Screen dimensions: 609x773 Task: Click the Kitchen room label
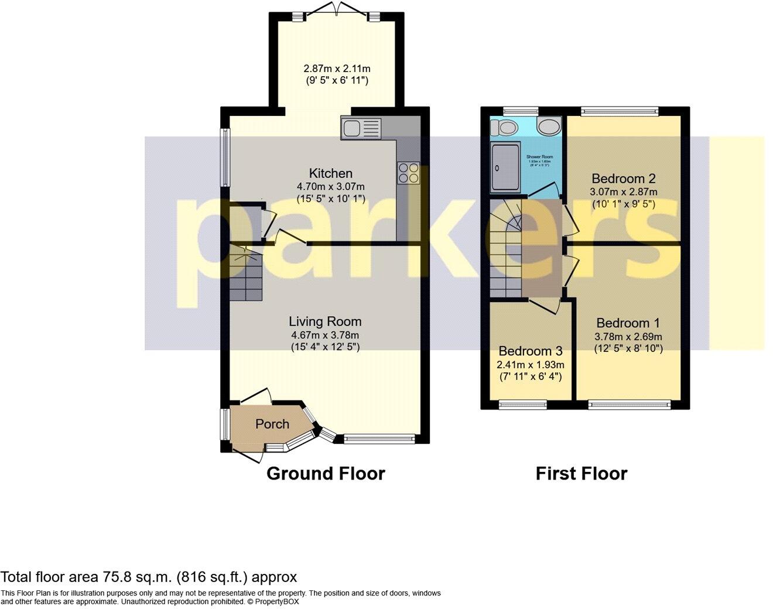click(x=331, y=173)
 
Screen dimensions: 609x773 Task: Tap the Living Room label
click(x=325, y=321)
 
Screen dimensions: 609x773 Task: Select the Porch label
click(x=272, y=424)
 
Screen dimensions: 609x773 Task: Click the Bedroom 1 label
click(x=628, y=323)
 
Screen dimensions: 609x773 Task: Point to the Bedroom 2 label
click(x=623, y=179)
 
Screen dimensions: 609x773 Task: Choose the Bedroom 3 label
click(x=531, y=351)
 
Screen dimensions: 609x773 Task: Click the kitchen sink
click(x=361, y=128)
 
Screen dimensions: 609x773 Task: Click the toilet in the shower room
click(x=502, y=127)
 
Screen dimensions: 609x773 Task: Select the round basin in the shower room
click(x=549, y=126)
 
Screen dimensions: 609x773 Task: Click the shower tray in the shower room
click(x=505, y=167)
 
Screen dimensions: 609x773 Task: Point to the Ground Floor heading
click(x=326, y=474)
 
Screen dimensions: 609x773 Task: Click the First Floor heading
click(x=581, y=474)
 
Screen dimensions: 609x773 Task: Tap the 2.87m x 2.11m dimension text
click(x=336, y=69)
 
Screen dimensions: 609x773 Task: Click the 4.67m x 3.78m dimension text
click(x=325, y=336)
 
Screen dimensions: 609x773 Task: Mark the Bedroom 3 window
click(x=522, y=403)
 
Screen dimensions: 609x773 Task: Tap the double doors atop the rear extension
click(x=336, y=11)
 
